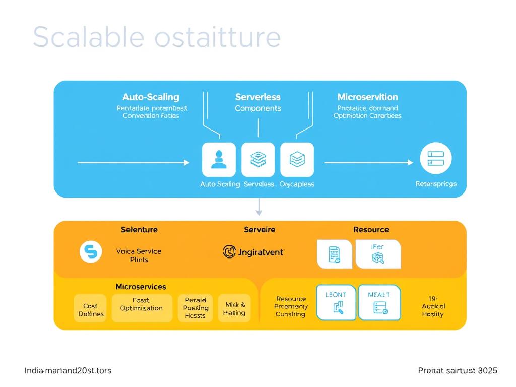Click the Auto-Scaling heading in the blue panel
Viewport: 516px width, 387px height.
coord(151,97)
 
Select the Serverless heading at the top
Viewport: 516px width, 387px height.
coord(257,97)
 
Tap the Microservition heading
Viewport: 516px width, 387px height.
coord(367,97)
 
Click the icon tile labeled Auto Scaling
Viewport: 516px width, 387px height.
coord(219,159)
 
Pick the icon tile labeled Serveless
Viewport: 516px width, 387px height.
coord(258,159)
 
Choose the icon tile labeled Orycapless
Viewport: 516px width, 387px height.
coord(297,159)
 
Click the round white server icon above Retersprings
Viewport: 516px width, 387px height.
coord(436,158)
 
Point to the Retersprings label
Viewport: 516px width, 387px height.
coord(436,184)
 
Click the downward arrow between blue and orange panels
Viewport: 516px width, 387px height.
coord(259,207)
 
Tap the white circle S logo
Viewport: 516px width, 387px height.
coord(91,251)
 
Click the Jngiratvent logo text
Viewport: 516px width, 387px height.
coord(253,251)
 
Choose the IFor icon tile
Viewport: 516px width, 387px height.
coord(378,253)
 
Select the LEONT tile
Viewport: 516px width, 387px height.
coord(336,302)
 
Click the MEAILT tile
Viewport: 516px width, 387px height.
coord(379,302)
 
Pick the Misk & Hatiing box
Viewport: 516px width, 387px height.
coord(234,309)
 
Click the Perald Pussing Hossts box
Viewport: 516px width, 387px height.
coord(196,308)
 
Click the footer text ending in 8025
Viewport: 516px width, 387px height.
coord(458,370)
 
